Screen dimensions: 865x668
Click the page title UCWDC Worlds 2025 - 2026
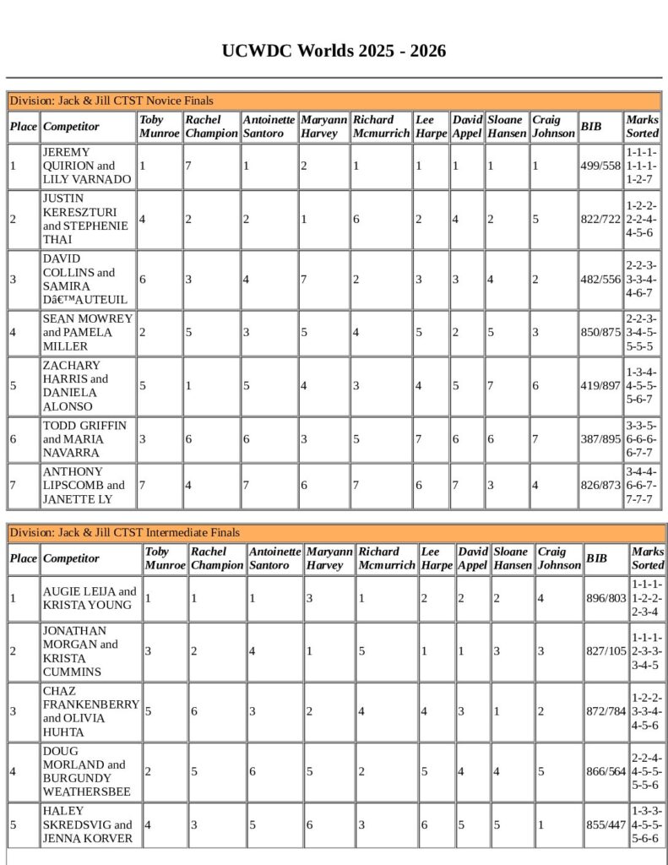coord(334,52)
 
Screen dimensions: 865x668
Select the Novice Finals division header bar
coord(334,101)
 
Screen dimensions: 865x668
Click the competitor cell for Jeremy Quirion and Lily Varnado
coord(87,166)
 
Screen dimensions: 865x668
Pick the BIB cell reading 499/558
coord(600,166)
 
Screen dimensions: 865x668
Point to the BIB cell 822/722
coord(600,220)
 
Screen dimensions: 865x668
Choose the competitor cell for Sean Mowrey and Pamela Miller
coord(87,333)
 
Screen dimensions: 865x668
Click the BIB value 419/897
coord(600,386)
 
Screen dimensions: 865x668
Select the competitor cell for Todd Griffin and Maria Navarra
coord(87,439)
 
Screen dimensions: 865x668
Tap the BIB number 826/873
coord(600,486)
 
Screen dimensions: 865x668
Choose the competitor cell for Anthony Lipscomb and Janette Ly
coord(87,486)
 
